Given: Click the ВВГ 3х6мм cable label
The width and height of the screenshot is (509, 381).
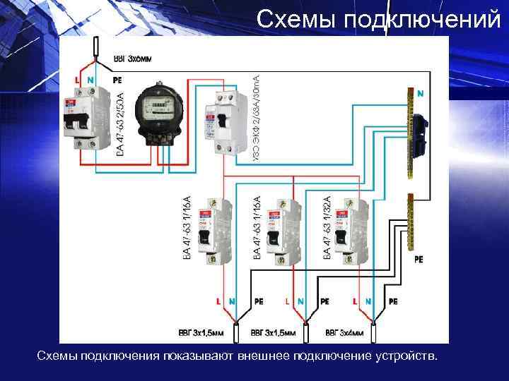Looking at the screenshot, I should click(132, 57).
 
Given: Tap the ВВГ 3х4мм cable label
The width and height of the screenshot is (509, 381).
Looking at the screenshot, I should click(345, 332).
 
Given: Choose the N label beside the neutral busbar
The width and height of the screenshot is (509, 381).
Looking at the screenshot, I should click(420, 92).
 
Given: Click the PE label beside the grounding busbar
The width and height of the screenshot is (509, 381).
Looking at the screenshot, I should click(419, 259).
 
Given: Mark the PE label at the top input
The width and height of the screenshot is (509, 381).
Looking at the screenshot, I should click(117, 80).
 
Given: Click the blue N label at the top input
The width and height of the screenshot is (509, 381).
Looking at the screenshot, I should click(90, 80).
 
